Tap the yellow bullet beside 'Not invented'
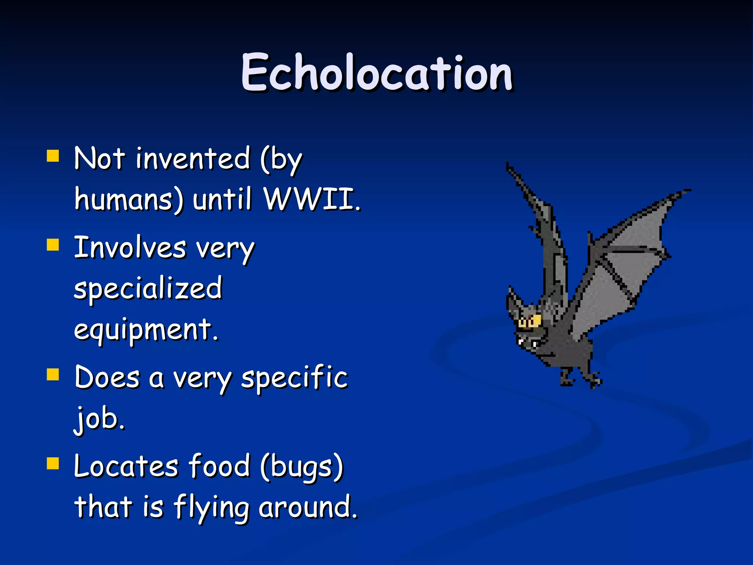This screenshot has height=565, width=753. click(x=53, y=156)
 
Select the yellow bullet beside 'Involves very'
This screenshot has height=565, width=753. click(x=53, y=245)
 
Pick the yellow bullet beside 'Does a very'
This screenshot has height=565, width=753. click(x=53, y=374)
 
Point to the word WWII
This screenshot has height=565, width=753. click(x=312, y=199)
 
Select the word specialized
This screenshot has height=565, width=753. click(x=148, y=289)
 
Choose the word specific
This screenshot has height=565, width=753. click(x=294, y=378)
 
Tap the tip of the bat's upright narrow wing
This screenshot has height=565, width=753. click(x=508, y=166)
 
